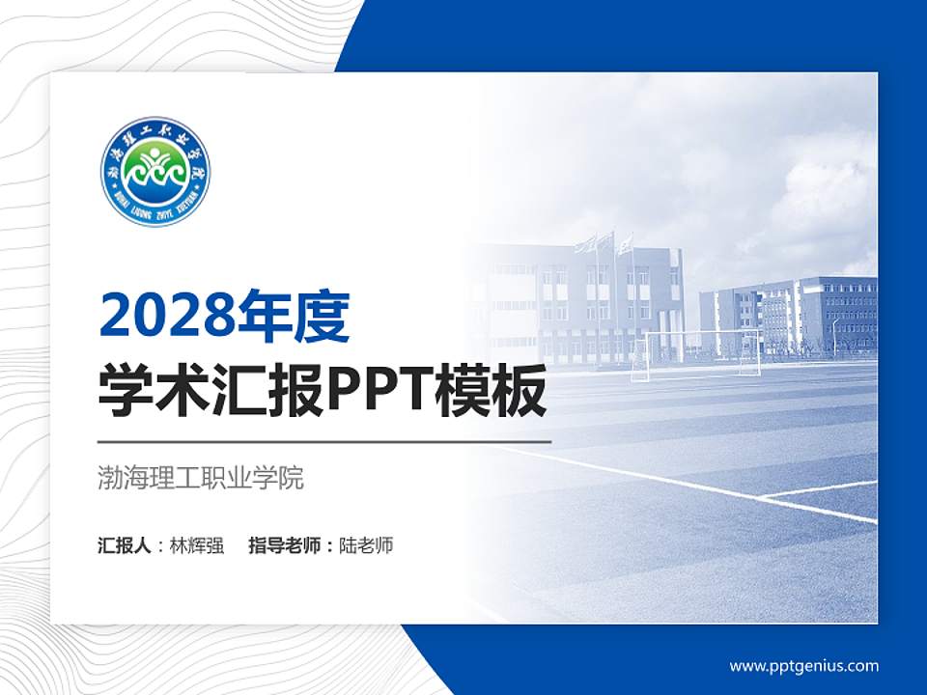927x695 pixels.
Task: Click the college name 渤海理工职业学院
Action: (201, 478)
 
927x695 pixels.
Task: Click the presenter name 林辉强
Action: (197, 545)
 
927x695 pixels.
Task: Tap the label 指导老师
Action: (285, 545)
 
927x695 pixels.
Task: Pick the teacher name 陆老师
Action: (367, 545)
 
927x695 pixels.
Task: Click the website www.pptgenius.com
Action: (803, 666)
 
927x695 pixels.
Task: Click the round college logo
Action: (155, 172)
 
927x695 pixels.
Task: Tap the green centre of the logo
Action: (155, 166)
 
